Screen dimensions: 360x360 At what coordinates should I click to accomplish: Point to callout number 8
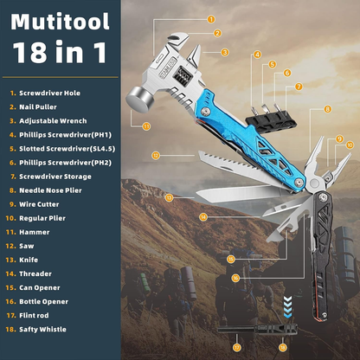tap(327, 109)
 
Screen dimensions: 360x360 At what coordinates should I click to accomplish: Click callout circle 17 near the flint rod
tap(236, 346)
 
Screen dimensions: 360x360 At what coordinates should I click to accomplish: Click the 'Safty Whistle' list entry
tap(51, 329)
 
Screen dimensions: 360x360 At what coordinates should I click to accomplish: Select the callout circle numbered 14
tap(202, 215)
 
